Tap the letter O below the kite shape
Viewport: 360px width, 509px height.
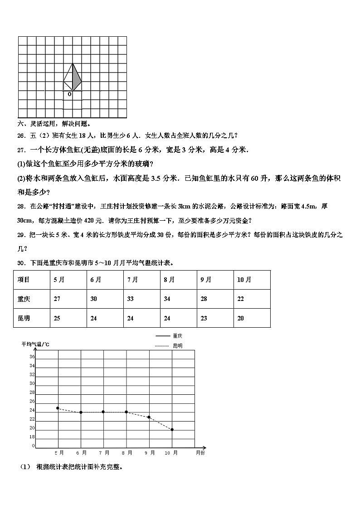(69, 94)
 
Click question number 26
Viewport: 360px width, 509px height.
(20, 135)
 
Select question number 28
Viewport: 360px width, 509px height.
(20, 206)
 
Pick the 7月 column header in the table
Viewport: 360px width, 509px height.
(132, 280)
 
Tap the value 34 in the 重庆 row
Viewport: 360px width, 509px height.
(167, 299)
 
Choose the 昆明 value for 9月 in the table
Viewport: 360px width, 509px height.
(204, 318)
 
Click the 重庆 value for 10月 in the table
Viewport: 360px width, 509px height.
(240, 299)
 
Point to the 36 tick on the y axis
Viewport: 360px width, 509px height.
(32, 357)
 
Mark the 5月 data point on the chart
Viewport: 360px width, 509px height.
(58, 408)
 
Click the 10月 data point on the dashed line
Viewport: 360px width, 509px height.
(172, 430)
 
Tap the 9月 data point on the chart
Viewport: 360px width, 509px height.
(149, 417)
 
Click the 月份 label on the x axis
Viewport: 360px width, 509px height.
(200, 452)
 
